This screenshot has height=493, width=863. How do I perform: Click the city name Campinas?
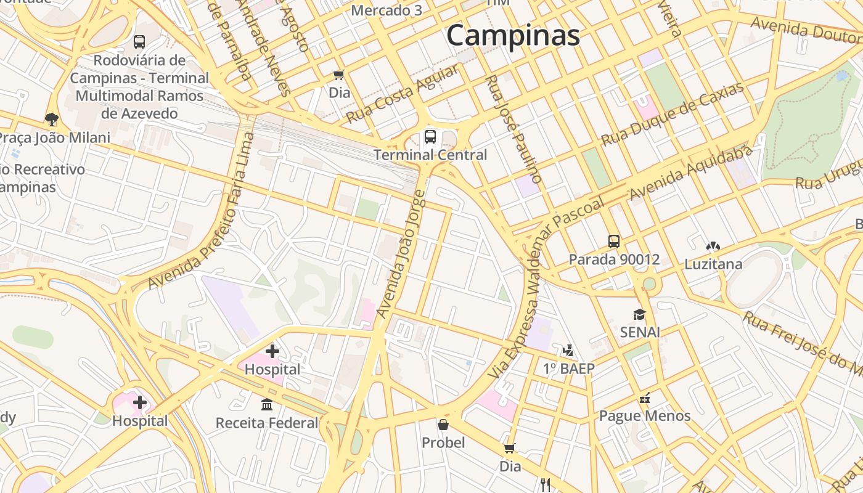pos(513,35)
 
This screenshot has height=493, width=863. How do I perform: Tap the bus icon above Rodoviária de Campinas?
pos(139,42)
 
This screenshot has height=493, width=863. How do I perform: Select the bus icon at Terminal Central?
pos(430,137)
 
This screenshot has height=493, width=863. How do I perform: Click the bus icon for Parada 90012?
pos(614,241)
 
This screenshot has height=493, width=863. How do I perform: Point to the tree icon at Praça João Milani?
pos(52,118)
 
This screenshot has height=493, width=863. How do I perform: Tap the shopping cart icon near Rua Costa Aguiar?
pos(338,75)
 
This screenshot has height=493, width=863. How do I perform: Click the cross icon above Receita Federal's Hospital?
pos(272,352)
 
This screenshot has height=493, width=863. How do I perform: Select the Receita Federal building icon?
pos(267,405)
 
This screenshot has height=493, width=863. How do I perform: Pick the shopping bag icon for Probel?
pos(443,425)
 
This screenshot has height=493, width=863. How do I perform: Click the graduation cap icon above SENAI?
pos(639,314)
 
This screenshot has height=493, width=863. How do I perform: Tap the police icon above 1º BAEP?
pos(568,351)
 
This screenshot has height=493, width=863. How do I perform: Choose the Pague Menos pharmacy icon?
pos(645,398)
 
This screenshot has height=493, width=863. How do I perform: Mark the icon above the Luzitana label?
pos(713,246)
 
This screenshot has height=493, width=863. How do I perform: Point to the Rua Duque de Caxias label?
pos(673,115)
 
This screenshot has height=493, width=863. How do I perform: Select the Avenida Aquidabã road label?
pos(691,173)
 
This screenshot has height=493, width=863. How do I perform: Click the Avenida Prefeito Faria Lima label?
pos(202,211)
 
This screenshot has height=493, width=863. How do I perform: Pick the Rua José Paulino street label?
pos(513,129)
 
